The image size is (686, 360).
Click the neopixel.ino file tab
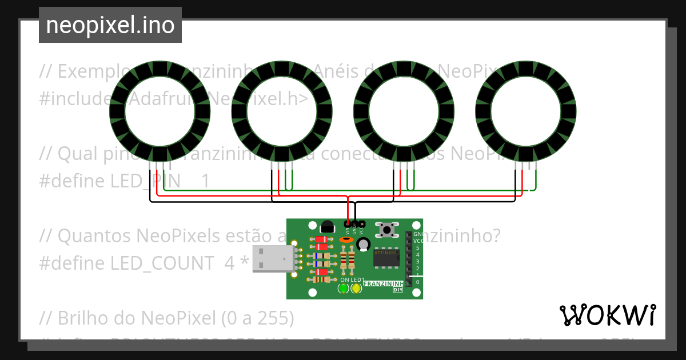[110, 25]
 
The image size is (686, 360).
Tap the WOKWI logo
[607, 315]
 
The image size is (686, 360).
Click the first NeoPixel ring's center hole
[159, 111]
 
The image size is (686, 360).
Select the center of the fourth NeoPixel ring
[526, 111]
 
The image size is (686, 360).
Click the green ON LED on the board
[343, 289]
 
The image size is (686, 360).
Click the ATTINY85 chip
[387, 258]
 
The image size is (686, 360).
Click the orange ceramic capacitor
[345, 240]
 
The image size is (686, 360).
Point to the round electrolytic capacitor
[363, 245]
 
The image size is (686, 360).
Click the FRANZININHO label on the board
[384, 283]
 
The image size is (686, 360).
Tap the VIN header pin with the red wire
[347, 223]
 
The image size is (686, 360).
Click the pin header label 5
[418, 248]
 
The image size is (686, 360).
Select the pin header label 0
[418, 282]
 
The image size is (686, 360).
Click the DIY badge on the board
[398, 290]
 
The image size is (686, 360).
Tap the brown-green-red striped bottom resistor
[322, 280]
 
